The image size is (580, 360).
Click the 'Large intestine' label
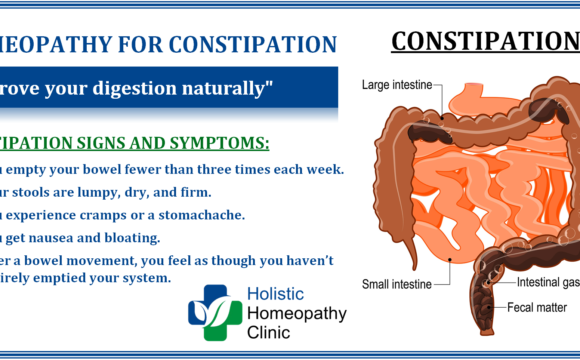coord(397,86)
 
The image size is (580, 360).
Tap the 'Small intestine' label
coord(397,283)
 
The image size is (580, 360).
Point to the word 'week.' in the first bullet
coord(323,168)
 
